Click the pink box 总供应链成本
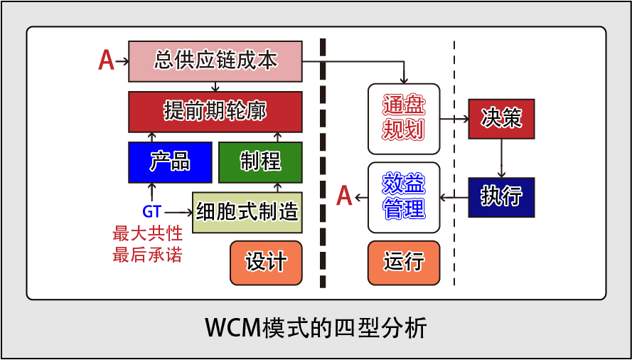(x=215, y=61)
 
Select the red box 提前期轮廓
(x=215, y=112)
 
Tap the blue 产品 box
(x=170, y=162)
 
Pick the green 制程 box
(x=260, y=162)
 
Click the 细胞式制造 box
(x=247, y=212)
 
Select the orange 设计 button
(x=266, y=263)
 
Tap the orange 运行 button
(x=404, y=263)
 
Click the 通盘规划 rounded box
(x=404, y=119)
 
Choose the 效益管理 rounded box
(x=404, y=197)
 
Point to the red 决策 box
(x=501, y=119)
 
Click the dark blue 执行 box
(x=501, y=197)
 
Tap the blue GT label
(x=152, y=211)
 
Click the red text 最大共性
(x=147, y=233)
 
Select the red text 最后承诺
(x=147, y=255)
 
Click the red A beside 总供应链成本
(x=107, y=61)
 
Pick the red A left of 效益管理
(x=345, y=196)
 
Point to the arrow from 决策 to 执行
(x=501, y=158)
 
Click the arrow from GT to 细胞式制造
(x=178, y=212)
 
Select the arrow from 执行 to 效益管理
(x=454, y=197)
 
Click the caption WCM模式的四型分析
(x=316, y=329)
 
